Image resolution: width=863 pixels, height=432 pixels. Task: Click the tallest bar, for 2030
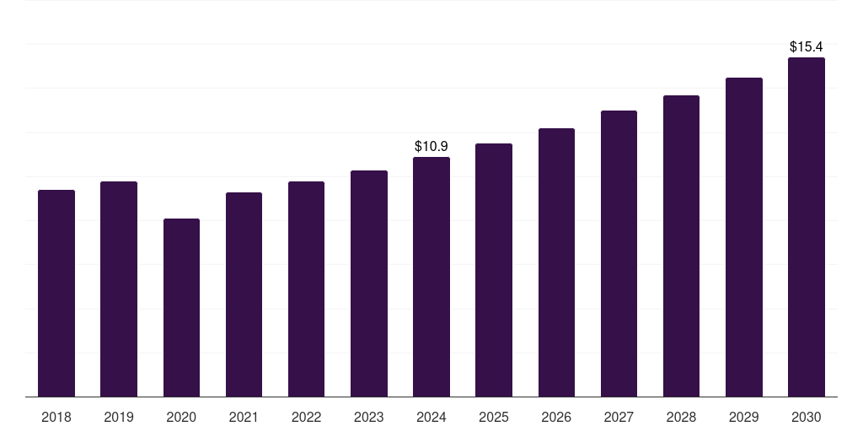pos(807,227)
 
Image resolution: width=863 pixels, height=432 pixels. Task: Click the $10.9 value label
pos(431,147)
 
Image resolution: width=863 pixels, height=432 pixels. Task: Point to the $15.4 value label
pos(807,47)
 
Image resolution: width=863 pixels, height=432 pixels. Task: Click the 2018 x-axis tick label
pos(56,417)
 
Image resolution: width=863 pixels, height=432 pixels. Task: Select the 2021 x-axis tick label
pos(244,417)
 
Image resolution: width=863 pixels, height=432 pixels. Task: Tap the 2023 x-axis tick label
pos(369,417)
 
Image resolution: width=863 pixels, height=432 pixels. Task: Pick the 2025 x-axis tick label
pos(494,417)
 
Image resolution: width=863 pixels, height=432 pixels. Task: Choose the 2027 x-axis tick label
pos(619,417)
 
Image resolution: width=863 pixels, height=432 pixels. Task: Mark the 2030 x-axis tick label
pos(807,417)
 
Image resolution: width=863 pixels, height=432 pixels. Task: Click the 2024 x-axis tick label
pos(431,417)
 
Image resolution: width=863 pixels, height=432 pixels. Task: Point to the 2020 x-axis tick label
pos(181,417)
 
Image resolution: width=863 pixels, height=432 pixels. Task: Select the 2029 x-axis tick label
pos(744,417)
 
